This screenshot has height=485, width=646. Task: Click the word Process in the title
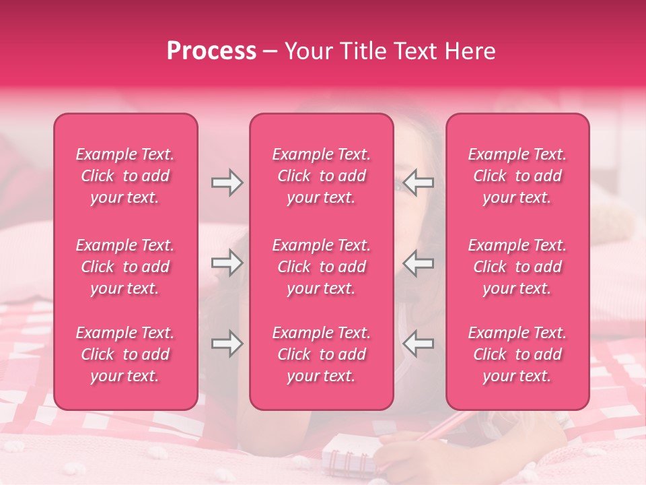pyautogui.click(x=211, y=51)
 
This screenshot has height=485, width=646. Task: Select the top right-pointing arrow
pyautogui.click(x=227, y=183)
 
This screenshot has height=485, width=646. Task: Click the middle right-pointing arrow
pyautogui.click(x=227, y=263)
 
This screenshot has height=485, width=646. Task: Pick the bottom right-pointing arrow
pyautogui.click(x=227, y=344)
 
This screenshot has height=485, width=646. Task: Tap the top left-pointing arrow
pyautogui.click(x=418, y=183)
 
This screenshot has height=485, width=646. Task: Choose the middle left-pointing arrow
pyautogui.click(x=418, y=263)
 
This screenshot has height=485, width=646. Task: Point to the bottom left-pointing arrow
pyautogui.click(x=418, y=344)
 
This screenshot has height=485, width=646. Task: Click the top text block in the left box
pyautogui.click(x=125, y=176)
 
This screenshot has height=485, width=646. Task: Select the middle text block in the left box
pyautogui.click(x=125, y=267)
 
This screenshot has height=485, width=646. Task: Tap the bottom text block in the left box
pyautogui.click(x=125, y=354)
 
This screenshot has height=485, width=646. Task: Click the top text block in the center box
pyautogui.click(x=322, y=176)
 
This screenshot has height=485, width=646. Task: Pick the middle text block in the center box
pyautogui.click(x=322, y=267)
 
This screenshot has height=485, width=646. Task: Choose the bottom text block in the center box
pyautogui.click(x=322, y=354)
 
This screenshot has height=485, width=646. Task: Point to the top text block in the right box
pyautogui.click(x=517, y=176)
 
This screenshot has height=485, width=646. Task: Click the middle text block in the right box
pyautogui.click(x=517, y=267)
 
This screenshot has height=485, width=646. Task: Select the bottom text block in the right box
pyautogui.click(x=517, y=354)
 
